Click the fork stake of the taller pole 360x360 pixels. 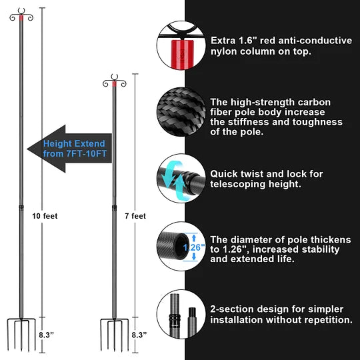coord(21,333)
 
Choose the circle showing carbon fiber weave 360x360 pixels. coord(180,109)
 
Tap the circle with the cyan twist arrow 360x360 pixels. coord(180,179)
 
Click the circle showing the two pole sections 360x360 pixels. coord(180,313)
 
